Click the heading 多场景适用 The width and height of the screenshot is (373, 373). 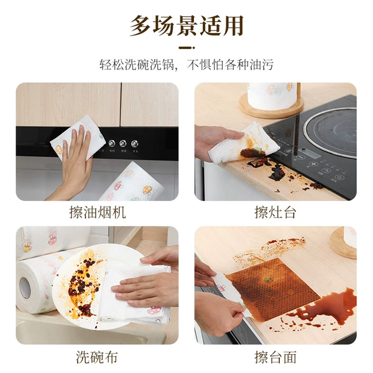(x=186, y=25)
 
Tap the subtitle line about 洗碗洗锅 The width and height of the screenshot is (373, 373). (x=186, y=65)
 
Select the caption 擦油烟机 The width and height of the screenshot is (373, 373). (x=98, y=212)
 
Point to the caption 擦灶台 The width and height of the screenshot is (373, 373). (x=275, y=212)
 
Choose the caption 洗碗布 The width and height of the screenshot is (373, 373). (x=97, y=357)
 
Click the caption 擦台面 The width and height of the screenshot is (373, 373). (x=275, y=357)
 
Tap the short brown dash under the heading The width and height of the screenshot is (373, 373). (x=186, y=48)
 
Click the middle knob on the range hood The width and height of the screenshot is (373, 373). (x=123, y=144)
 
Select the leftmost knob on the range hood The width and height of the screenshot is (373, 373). (x=111, y=143)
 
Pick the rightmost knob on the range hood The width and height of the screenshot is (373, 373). (x=134, y=144)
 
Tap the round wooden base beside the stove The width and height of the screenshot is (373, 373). (x=271, y=107)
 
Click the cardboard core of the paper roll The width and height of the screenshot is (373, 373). (x=25, y=288)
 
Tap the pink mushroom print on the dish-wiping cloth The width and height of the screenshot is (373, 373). (x=154, y=310)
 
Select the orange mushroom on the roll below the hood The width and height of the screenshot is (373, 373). (x=147, y=190)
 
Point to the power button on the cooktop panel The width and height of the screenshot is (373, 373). (x=339, y=177)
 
